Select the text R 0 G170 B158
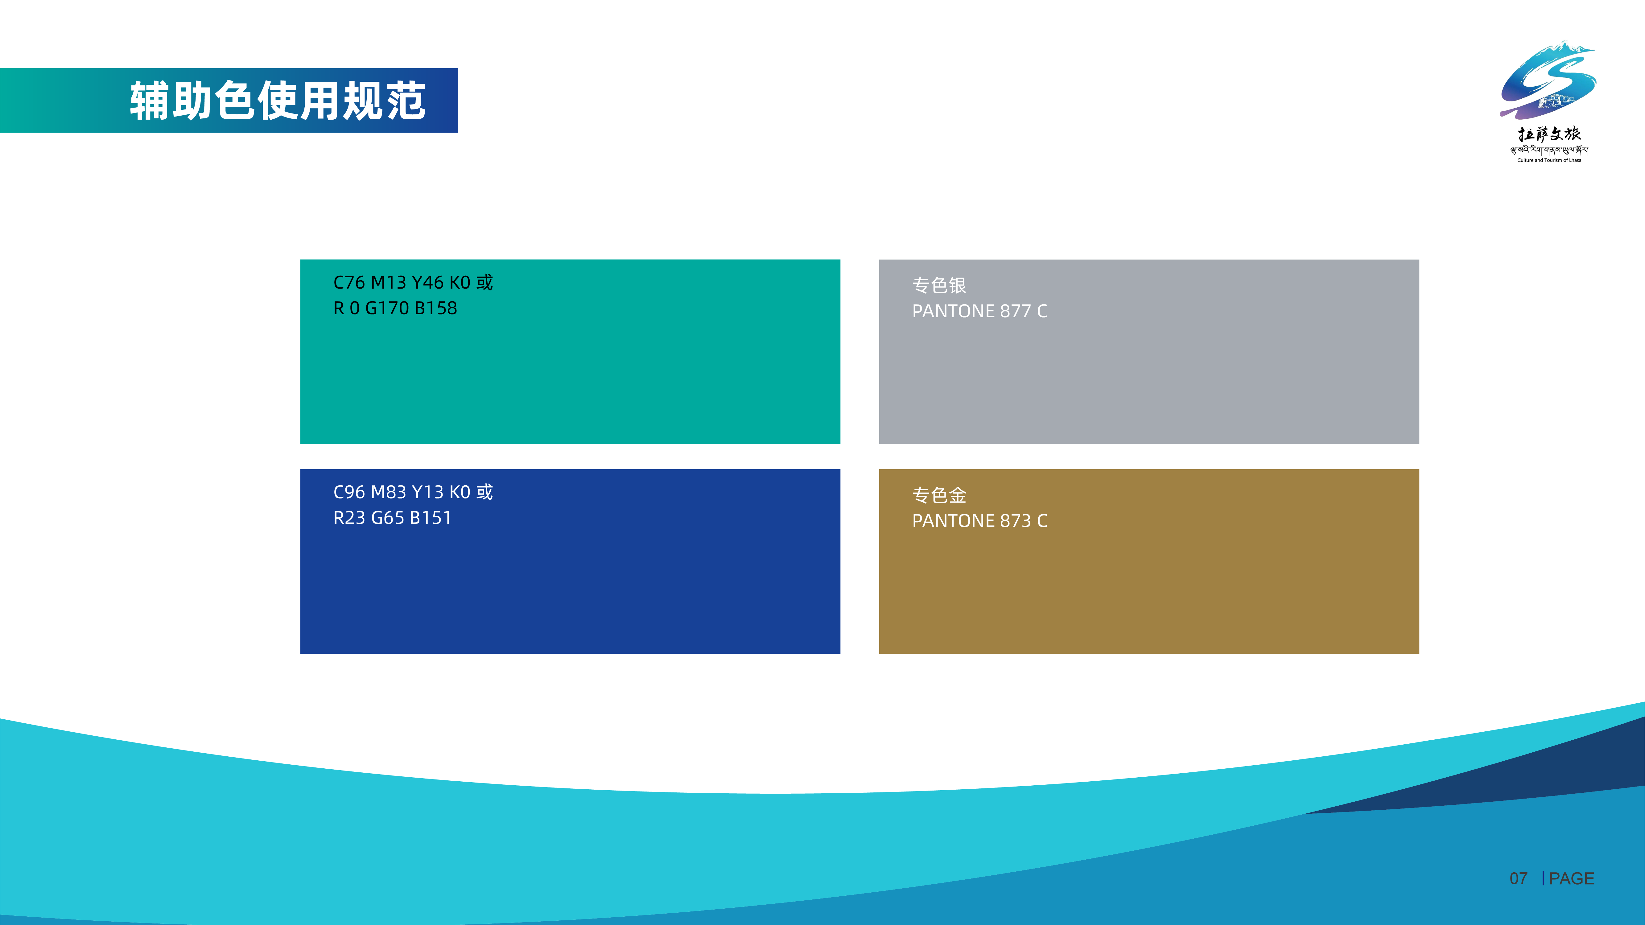(x=395, y=308)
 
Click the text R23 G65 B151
(x=392, y=518)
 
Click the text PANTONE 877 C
(x=979, y=311)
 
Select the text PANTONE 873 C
(x=979, y=521)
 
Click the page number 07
(x=1519, y=879)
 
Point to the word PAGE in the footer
(x=1572, y=879)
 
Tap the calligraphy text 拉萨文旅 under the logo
(x=1549, y=134)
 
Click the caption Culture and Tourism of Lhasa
(x=1549, y=160)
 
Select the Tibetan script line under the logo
(x=1549, y=151)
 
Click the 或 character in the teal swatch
(x=485, y=282)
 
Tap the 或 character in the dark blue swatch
(x=485, y=492)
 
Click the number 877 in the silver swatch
(x=1015, y=311)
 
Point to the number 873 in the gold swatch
(x=1015, y=521)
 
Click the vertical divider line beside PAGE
(x=1543, y=879)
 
